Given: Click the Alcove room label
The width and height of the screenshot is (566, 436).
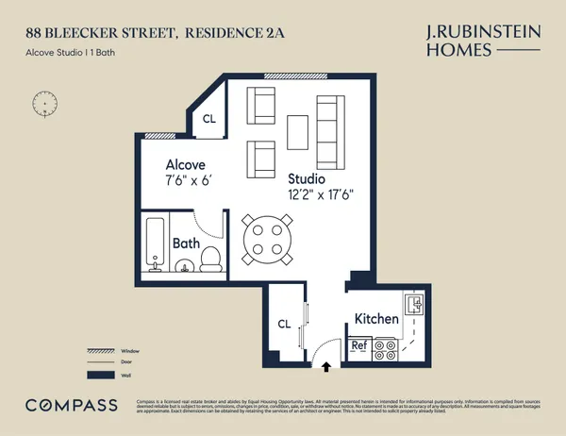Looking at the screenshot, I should (186, 162).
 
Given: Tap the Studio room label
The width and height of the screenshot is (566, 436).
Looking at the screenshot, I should (307, 178).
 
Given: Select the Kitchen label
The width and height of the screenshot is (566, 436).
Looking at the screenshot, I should (376, 319).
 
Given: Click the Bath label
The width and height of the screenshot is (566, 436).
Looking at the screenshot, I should (186, 243).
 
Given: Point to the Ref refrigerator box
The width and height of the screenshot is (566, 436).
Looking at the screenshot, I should (358, 345).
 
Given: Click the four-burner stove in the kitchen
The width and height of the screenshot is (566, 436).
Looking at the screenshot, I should (385, 350).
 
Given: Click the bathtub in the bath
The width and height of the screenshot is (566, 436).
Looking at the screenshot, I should (155, 244).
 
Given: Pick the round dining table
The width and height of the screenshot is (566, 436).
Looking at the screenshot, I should (264, 239).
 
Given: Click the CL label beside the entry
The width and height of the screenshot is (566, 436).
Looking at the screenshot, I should (284, 324).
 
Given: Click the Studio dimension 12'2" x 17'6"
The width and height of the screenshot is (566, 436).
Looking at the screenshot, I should (320, 196).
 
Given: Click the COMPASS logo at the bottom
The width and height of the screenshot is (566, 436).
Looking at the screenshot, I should (72, 405).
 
